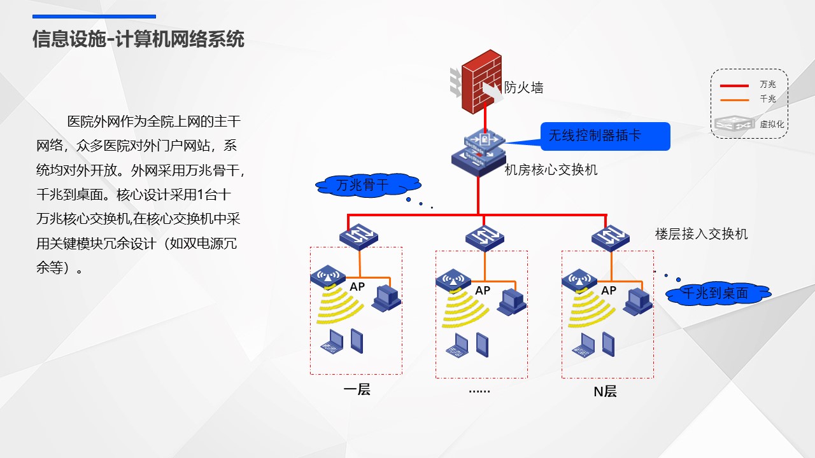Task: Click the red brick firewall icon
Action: (481, 82)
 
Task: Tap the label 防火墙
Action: (523, 88)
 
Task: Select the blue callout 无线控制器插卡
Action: (605, 136)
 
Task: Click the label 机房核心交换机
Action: (551, 170)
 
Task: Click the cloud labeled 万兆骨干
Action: (368, 185)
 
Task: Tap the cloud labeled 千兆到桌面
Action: (718, 293)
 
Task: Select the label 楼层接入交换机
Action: (701, 234)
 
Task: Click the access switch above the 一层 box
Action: (358, 237)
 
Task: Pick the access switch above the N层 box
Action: (611, 238)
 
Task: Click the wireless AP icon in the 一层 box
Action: (328, 276)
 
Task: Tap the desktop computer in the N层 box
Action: (637, 302)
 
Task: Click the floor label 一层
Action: (357, 390)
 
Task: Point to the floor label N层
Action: (605, 392)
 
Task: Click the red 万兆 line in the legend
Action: (734, 86)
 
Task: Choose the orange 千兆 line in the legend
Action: (734, 100)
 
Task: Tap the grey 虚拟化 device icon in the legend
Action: (734, 123)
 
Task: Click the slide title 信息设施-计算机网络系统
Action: (138, 39)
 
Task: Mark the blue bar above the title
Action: (94, 17)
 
